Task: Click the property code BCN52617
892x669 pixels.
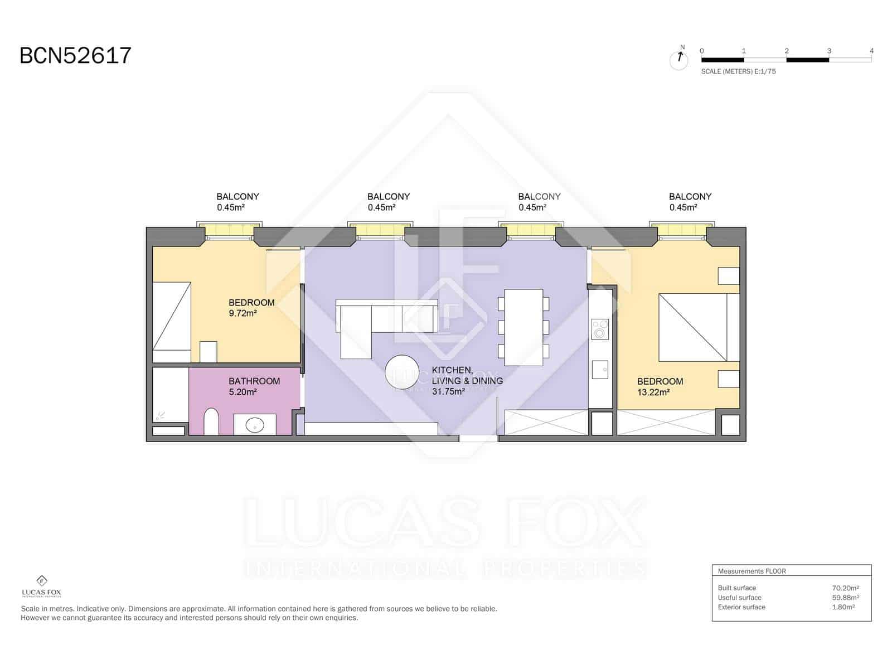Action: tap(75, 55)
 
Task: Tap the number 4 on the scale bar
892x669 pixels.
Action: tap(871, 51)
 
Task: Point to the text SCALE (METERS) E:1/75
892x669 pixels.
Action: tap(738, 71)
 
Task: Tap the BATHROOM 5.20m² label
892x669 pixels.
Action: tap(254, 386)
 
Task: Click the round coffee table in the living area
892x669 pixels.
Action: tap(402, 372)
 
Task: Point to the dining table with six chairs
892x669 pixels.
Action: tap(524, 327)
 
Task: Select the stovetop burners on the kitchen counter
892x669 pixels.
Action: tap(600, 329)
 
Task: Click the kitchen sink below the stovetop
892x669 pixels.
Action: tap(600, 370)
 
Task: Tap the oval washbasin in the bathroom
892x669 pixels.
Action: tap(255, 425)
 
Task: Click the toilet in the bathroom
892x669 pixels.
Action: tap(211, 421)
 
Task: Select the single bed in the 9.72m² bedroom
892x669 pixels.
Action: tap(172, 322)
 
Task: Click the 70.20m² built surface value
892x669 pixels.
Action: tap(845, 588)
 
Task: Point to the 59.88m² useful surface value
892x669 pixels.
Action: tap(845, 598)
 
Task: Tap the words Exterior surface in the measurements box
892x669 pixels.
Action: tap(741, 607)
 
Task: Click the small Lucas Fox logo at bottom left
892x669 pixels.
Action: tap(41, 586)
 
